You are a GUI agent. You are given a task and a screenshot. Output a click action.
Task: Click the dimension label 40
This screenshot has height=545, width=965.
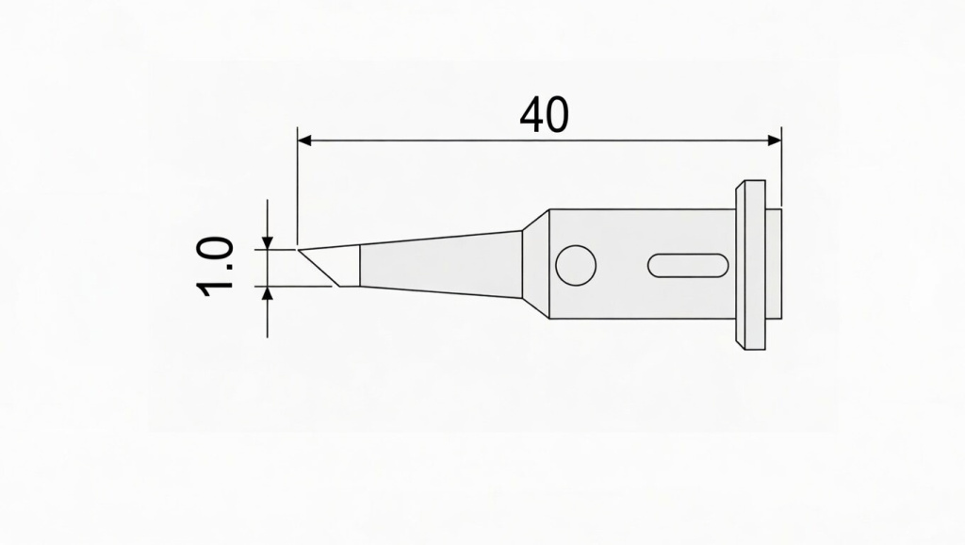tap(544, 115)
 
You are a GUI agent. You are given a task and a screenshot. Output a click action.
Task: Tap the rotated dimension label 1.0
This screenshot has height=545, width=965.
tap(216, 267)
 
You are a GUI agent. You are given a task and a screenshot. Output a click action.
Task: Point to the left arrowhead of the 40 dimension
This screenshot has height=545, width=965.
tap(304, 140)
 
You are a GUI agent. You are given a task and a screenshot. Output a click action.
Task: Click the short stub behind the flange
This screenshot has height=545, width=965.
tap(774, 264)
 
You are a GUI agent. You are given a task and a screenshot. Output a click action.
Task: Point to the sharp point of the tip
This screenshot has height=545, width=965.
tap(300, 249)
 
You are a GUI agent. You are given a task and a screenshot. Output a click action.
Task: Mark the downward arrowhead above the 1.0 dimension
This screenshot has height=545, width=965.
tap(269, 242)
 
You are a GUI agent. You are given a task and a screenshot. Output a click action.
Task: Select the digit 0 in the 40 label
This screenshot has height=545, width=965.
tap(557, 115)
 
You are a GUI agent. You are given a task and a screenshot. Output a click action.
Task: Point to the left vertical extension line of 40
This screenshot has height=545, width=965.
tap(298, 189)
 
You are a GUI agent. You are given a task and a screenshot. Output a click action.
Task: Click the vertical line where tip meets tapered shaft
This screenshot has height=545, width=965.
tap(361, 267)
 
